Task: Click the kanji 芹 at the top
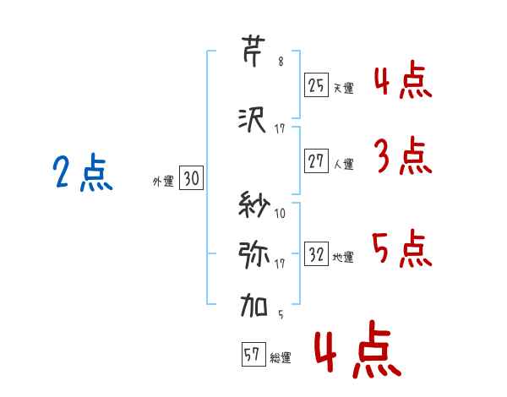[x=253, y=52]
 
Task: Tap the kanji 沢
[x=252, y=120]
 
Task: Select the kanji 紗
[x=253, y=204]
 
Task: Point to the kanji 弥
[x=253, y=255]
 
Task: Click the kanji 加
[x=253, y=305]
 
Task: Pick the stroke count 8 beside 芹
[x=281, y=62]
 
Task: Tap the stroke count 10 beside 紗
[x=280, y=213]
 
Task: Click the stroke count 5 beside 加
[x=281, y=314]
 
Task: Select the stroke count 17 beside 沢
[x=280, y=129]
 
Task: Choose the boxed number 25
[x=316, y=85]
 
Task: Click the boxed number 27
[x=316, y=160]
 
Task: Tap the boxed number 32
[x=316, y=253]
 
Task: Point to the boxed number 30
[x=191, y=178]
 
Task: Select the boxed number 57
[x=253, y=354]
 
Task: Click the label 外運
[x=163, y=182]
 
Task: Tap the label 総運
[x=281, y=358]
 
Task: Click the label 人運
[x=344, y=164]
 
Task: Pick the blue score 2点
[x=83, y=172]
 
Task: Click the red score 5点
[x=402, y=248]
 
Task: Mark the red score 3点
[x=403, y=155]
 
